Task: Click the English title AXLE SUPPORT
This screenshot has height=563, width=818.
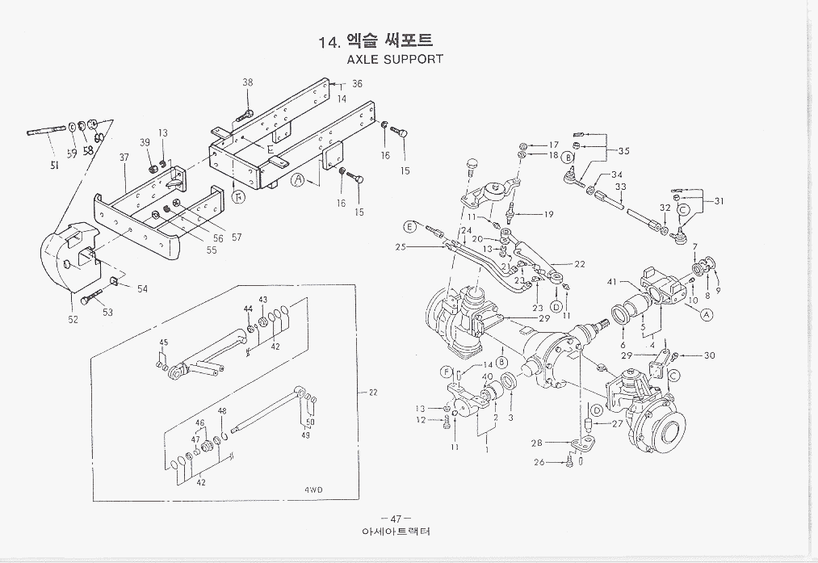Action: point(394,60)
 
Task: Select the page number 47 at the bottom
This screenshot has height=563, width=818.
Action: point(395,519)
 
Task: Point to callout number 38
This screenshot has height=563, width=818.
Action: point(248,82)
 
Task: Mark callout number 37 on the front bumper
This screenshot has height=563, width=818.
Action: point(124,158)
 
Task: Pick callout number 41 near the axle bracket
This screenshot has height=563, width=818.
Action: point(612,281)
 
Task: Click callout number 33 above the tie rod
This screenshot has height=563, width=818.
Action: point(621,187)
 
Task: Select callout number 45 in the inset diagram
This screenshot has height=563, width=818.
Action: point(163,342)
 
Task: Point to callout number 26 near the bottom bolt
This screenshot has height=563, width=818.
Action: point(561,463)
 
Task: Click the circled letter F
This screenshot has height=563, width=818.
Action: point(446,372)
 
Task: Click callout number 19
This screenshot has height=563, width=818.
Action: point(548,215)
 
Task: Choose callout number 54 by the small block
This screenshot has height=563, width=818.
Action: point(143,288)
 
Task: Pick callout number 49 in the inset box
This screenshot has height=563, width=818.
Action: point(306,435)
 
